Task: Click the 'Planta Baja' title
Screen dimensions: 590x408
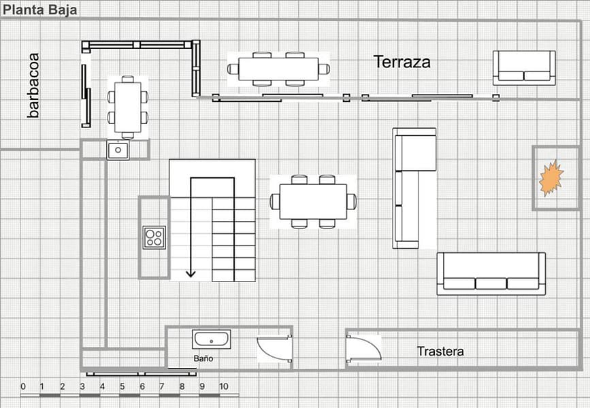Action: point(39,10)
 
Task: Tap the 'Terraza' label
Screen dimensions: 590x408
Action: point(402,62)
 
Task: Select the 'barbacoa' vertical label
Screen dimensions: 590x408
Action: point(33,86)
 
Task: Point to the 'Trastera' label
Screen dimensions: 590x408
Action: point(440,352)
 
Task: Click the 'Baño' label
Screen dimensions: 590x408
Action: point(203,358)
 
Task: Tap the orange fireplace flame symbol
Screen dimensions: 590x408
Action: point(551,178)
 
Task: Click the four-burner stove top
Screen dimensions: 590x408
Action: point(154,237)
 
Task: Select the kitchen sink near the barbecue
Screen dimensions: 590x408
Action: point(118,150)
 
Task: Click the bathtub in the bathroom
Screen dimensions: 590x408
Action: point(212,340)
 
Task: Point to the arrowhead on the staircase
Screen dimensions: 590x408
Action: point(191,273)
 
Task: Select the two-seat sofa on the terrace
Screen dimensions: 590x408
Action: point(524,68)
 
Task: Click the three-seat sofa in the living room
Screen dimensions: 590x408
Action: point(491,274)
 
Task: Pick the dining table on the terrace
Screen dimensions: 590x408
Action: point(278,69)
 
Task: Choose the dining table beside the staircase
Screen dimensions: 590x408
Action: point(314,201)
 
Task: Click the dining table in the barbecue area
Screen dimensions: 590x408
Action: point(128,107)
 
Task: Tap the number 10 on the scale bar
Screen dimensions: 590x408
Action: point(223,386)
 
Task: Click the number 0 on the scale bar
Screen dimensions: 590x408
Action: point(23,386)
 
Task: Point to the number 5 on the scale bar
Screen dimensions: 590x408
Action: point(122,386)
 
